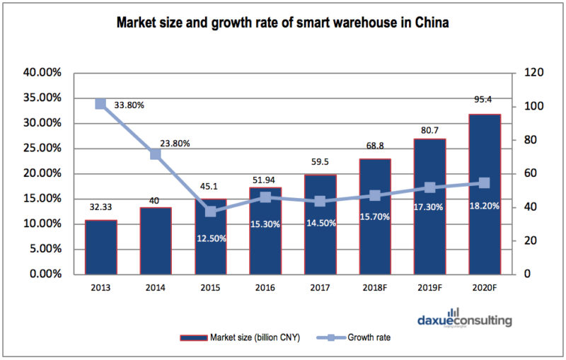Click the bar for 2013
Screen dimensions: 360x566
[100, 247]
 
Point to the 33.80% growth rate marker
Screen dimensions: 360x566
[100, 104]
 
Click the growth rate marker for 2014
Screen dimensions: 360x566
[156, 154]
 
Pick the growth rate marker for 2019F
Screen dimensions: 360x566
[429, 187]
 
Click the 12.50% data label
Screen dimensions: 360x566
[210, 238]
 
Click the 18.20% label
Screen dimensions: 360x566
[485, 206]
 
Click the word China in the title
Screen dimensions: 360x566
[431, 23]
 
